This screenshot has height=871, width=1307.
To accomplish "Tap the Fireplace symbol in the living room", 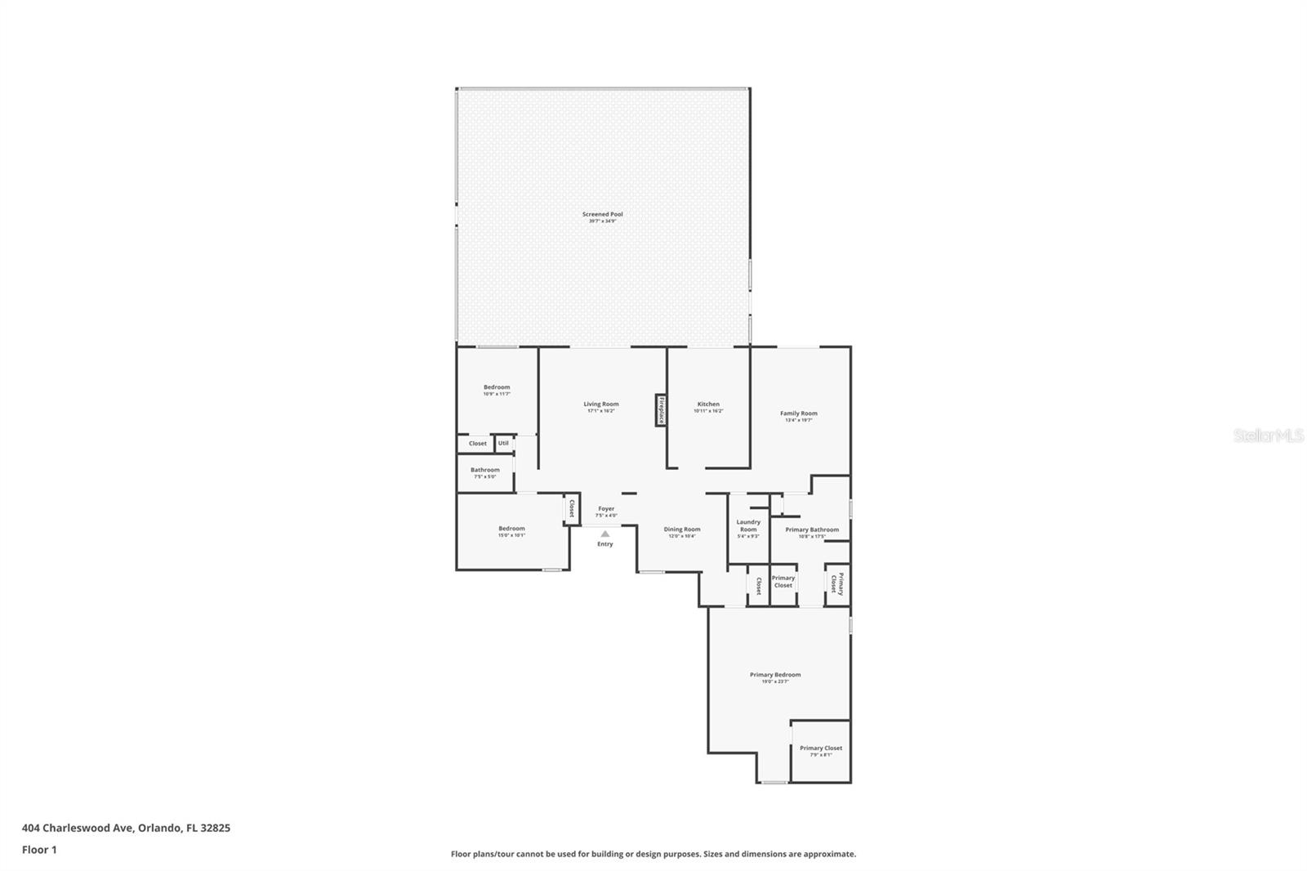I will pyautogui.click(x=660, y=410).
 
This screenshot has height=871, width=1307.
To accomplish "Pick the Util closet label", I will pyautogui.click(x=503, y=443).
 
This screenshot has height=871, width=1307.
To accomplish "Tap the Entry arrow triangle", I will pyautogui.click(x=604, y=534).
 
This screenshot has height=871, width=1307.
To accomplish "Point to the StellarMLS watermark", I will pyautogui.click(x=1269, y=436).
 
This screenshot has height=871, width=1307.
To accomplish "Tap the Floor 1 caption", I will pyautogui.click(x=39, y=850).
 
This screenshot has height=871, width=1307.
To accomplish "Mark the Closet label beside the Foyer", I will pyautogui.click(x=571, y=509).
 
